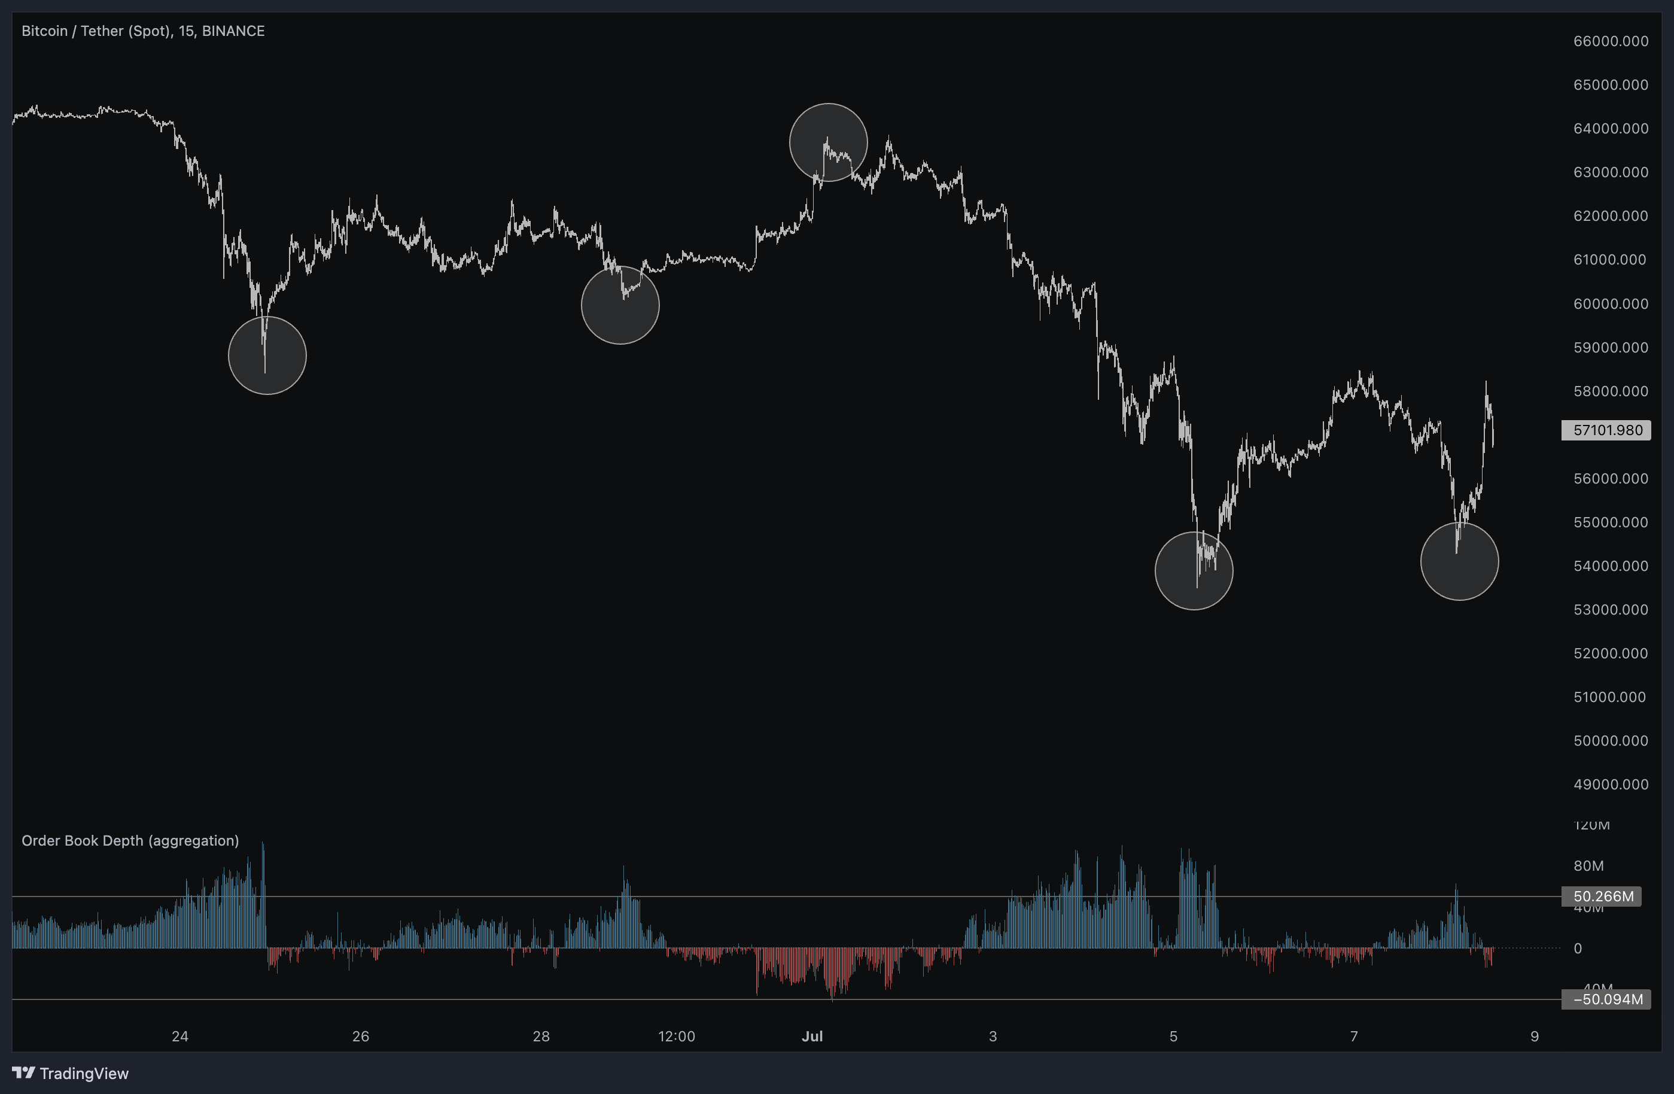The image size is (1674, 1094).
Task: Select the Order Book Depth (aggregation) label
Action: point(130,840)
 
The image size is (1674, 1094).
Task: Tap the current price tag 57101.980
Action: point(1606,430)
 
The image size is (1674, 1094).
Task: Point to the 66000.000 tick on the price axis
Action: point(1610,41)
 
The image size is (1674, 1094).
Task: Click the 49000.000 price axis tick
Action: point(1610,785)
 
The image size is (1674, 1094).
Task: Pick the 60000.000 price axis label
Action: point(1610,304)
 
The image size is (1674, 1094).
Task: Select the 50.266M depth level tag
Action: point(1603,897)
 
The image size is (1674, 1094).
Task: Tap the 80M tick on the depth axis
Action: point(1588,866)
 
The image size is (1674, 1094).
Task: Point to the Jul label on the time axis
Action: point(812,1035)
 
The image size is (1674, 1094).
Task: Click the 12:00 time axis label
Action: point(676,1035)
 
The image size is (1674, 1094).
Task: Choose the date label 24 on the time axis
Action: point(180,1035)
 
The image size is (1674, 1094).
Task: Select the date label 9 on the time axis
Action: point(1534,1035)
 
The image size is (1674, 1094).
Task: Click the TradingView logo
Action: point(71,1073)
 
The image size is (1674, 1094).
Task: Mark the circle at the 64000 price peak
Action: point(828,142)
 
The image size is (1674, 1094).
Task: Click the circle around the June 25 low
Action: point(267,355)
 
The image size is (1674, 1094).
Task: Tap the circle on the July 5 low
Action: point(1194,570)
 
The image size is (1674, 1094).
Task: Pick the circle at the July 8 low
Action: point(1459,561)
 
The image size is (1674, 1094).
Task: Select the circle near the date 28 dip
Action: point(620,305)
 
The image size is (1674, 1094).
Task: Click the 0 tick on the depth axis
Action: point(1577,949)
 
